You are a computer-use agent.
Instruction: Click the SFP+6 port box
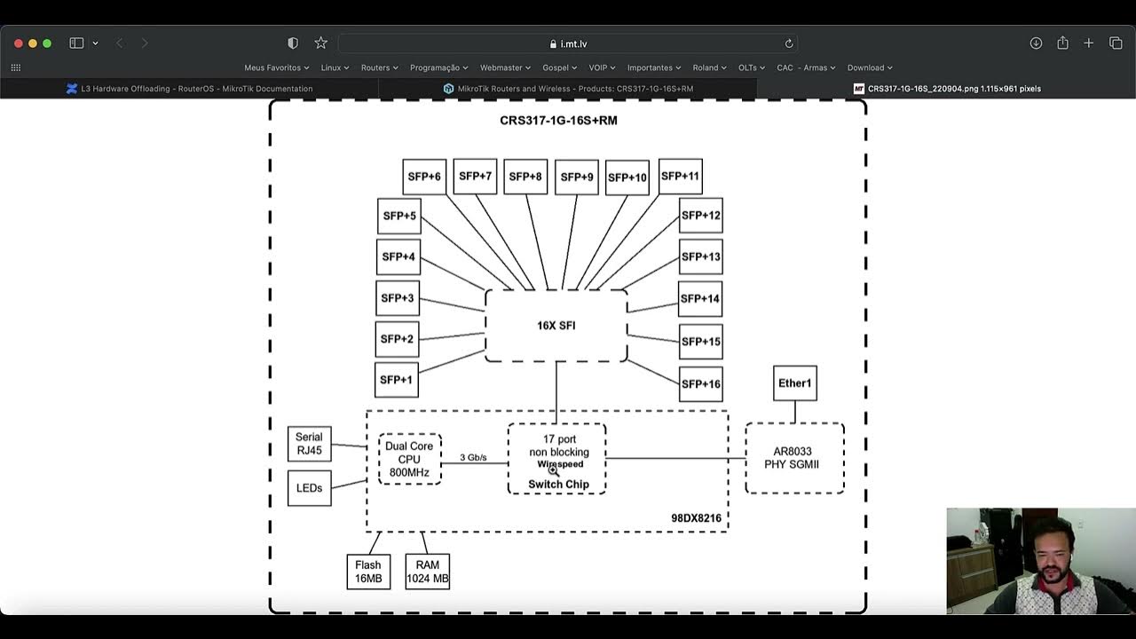point(424,177)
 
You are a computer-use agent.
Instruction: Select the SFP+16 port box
point(700,384)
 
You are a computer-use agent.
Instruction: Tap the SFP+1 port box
point(396,380)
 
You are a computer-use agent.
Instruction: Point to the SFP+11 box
point(681,176)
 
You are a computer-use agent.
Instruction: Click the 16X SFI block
point(556,326)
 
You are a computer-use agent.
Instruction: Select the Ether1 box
point(794,383)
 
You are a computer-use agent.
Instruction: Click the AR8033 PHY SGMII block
point(794,458)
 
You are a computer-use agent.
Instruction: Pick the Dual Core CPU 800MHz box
point(409,459)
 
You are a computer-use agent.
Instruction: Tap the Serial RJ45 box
point(309,444)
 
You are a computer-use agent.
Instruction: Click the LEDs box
point(309,488)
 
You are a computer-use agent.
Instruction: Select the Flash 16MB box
point(368,572)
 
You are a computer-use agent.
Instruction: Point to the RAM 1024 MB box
point(428,572)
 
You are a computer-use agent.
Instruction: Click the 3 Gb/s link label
point(473,458)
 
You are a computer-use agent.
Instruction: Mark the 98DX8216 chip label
point(696,518)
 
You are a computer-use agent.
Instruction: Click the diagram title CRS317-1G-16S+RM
point(558,121)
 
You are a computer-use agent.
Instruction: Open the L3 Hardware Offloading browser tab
point(195,89)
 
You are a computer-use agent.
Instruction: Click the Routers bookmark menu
point(379,67)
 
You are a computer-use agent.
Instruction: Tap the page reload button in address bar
point(788,43)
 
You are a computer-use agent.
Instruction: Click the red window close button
point(18,43)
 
